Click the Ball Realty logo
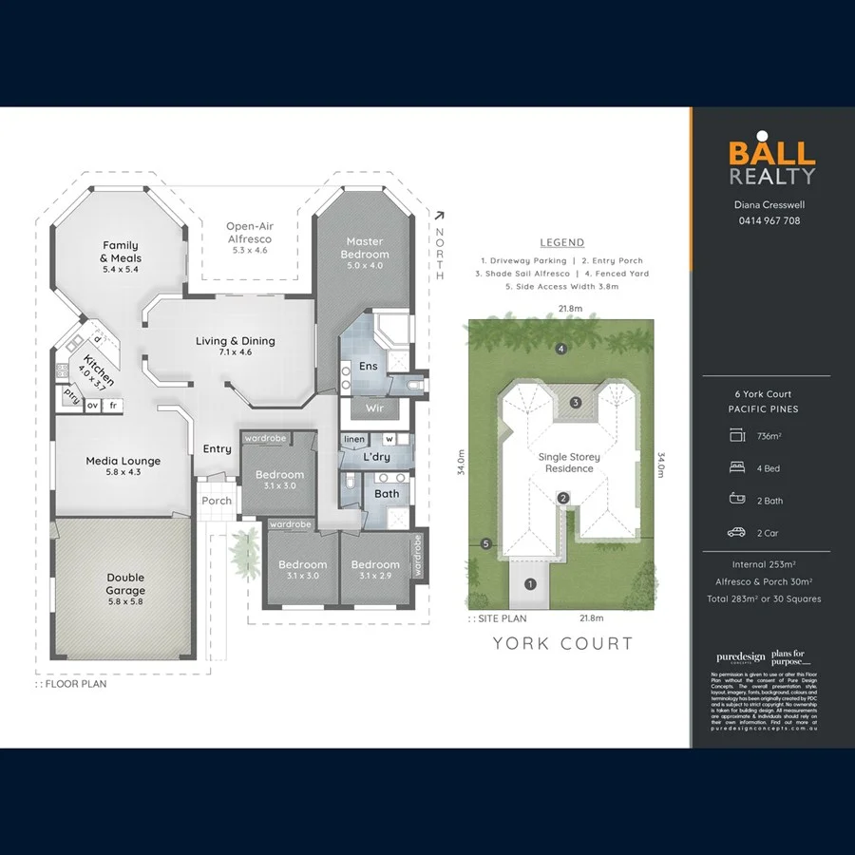(771, 162)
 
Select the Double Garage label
(125, 583)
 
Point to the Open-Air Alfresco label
(250, 233)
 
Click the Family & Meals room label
(121, 252)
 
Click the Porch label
(217, 501)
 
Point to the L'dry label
(376, 456)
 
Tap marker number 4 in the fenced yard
(561, 349)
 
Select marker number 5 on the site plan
(485, 544)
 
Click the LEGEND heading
(561, 242)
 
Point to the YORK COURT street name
(562, 643)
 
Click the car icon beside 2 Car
(736, 533)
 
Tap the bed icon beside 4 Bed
(736, 468)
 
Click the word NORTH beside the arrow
(439, 254)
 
